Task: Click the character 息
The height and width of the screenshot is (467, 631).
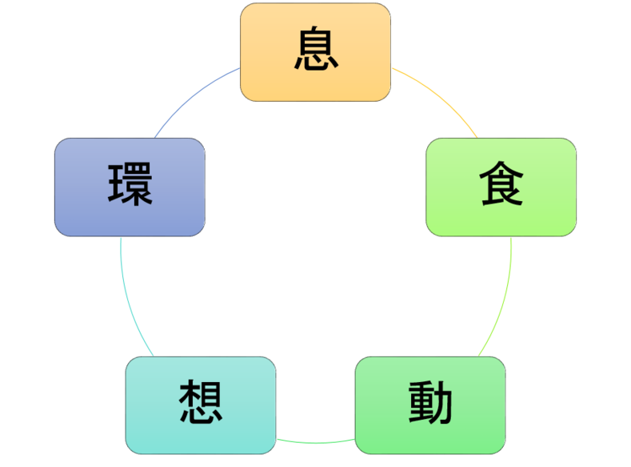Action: tap(315, 50)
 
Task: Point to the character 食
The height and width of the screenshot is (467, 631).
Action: tap(501, 187)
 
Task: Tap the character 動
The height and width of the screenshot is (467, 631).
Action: tap(430, 405)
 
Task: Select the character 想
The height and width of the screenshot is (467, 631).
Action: tap(200, 404)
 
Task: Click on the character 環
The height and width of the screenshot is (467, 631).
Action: tap(130, 186)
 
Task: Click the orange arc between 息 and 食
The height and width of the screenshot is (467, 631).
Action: tap(440, 96)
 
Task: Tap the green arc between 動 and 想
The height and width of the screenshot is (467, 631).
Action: tap(316, 442)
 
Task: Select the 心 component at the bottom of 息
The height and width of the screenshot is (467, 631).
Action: tap(315, 63)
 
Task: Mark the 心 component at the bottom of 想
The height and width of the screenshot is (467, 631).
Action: tap(200, 417)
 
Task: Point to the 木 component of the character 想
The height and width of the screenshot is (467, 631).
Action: tap(187, 394)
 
